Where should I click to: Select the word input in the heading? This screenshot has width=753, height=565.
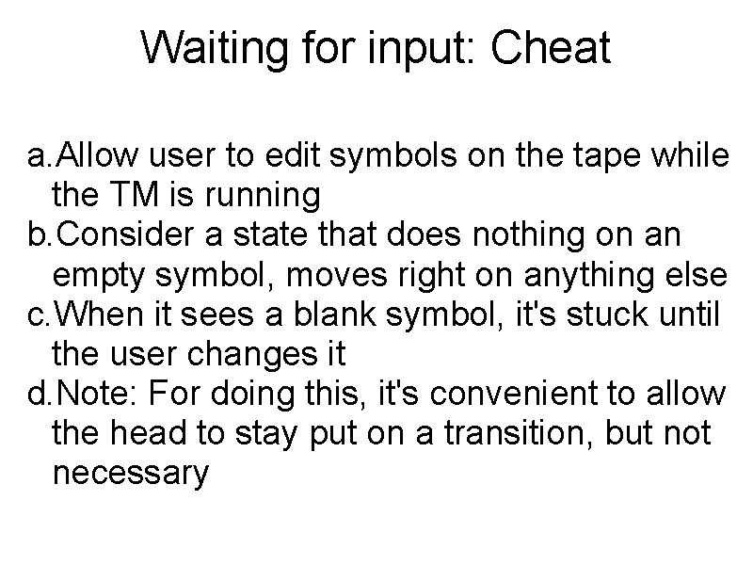[x=424, y=47]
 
